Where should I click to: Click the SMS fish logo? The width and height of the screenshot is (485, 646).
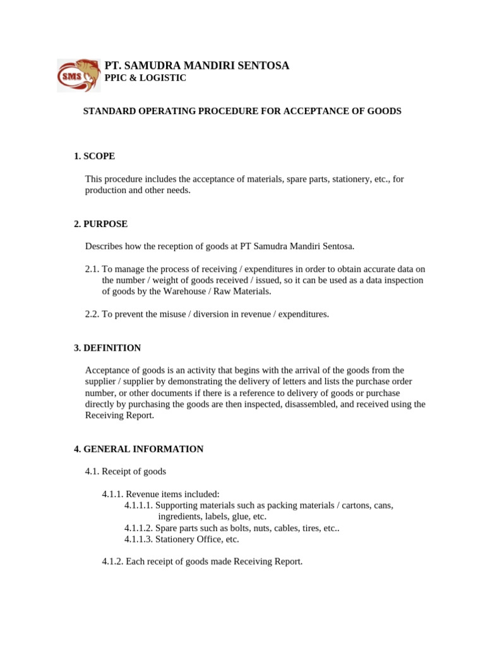pyautogui.click(x=78, y=75)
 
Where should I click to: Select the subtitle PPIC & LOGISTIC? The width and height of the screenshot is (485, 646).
pyautogui.click(x=145, y=78)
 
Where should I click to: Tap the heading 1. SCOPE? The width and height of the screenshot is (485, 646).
pyautogui.click(x=94, y=156)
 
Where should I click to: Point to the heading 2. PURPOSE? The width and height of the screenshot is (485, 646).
pyautogui.click(x=100, y=224)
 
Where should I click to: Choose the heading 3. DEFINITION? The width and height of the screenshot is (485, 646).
pyautogui.click(x=107, y=348)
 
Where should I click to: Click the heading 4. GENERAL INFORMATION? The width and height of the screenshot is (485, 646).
pyautogui.click(x=138, y=449)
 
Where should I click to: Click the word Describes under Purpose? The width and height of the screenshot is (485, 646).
pyautogui.click(x=104, y=245)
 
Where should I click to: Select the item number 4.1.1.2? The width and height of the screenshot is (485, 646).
pyautogui.click(x=138, y=528)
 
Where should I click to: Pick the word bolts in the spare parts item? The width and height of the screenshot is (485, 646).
pyautogui.click(x=233, y=528)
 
